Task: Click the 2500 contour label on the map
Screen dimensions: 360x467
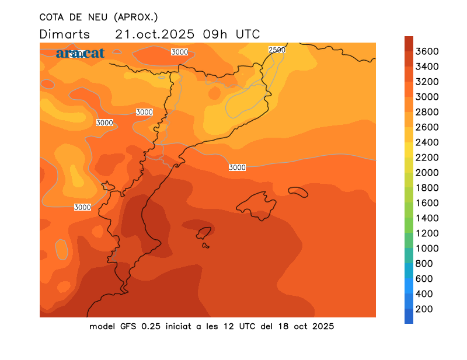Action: pos(277,50)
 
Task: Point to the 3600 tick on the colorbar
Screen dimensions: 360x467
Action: pos(427,51)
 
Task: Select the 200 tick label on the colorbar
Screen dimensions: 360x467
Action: pos(424,309)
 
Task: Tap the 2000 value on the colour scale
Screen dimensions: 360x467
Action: pos(427,172)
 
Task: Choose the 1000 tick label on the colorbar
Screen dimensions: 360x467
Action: pos(427,248)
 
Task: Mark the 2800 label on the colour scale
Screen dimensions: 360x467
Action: pos(427,112)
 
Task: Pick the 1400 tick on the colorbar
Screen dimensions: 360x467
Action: pos(427,218)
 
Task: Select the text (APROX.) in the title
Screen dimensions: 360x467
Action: pos(135,17)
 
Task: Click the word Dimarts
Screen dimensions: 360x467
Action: pos(65,34)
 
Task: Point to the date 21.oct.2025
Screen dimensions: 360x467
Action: pos(155,34)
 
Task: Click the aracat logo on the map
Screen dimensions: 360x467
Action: pos(80,53)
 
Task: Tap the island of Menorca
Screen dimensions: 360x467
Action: pos(298,191)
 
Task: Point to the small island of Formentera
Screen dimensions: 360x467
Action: pos(206,246)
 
